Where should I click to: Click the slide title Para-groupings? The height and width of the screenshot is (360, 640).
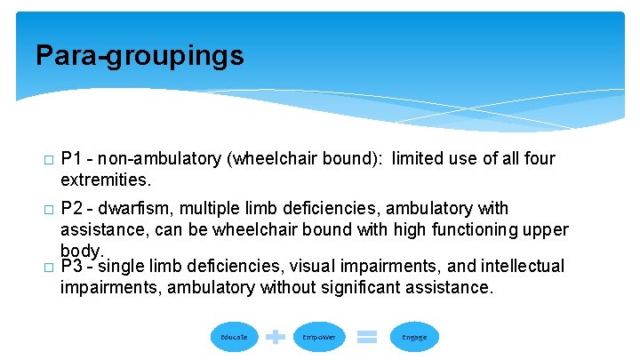click(140, 56)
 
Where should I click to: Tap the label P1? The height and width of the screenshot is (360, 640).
click(72, 159)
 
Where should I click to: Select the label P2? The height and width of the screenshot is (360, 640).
click(72, 209)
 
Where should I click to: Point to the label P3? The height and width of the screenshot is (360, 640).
click(72, 266)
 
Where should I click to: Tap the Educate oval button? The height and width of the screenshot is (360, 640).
click(235, 337)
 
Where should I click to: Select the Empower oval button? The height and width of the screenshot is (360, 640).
click(318, 337)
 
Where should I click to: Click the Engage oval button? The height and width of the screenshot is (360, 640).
click(414, 337)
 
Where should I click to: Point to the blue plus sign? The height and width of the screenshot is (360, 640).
click(276, 337)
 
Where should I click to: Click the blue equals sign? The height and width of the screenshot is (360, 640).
click(366, 337)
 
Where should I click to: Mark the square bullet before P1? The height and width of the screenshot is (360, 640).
click(47, 160)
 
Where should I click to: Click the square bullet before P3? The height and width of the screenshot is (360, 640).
click(47, 267)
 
